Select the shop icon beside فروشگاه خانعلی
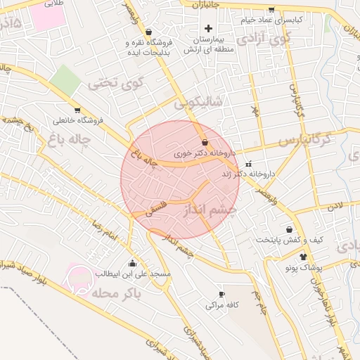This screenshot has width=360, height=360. tap(77, 110)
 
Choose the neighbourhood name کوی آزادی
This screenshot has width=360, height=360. tap(263, 39)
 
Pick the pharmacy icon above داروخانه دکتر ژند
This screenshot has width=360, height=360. tap(248, 164)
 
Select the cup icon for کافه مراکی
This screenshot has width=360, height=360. tap(222, 294)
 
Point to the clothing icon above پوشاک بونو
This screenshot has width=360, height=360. tap(304, 257)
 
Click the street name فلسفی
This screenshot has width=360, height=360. tap(156, 203)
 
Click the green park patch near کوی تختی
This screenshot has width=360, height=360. tap(65, 79)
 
